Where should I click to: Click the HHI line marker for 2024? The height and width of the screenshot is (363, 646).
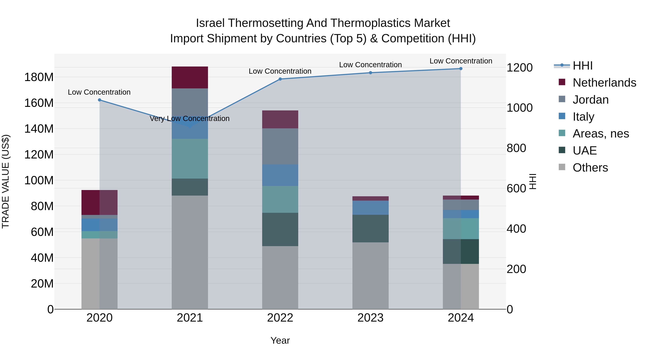tap(461, 69)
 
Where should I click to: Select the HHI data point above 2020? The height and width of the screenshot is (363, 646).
tap(100, 100)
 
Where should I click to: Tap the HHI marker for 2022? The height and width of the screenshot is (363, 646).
tap(280, 79)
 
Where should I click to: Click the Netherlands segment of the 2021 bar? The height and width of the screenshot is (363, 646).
tap(190, 77)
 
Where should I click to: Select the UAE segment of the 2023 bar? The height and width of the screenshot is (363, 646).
tap(370, 229)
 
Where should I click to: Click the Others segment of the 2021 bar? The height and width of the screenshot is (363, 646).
tap(190, 252)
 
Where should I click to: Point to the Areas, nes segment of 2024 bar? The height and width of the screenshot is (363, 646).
tap(461, 229)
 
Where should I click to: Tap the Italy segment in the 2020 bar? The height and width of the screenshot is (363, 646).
tap(100, 225)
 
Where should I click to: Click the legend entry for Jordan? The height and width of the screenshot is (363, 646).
tap(590, 100)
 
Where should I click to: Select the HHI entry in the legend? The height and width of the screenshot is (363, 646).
tap(582, 66)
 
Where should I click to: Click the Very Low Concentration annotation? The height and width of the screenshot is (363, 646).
tap(190, 118)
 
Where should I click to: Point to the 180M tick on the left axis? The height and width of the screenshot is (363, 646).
tap(39, 77)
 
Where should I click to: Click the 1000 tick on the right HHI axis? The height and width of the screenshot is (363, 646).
tap(519, 108)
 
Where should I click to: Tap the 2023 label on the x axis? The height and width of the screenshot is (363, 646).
tap(370, 318)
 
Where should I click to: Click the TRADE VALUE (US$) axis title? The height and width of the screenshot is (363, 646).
tap(6, 181)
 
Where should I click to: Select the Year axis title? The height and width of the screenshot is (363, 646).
tap(280, 340)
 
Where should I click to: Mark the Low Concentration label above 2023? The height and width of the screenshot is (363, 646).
tap(370, 65)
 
